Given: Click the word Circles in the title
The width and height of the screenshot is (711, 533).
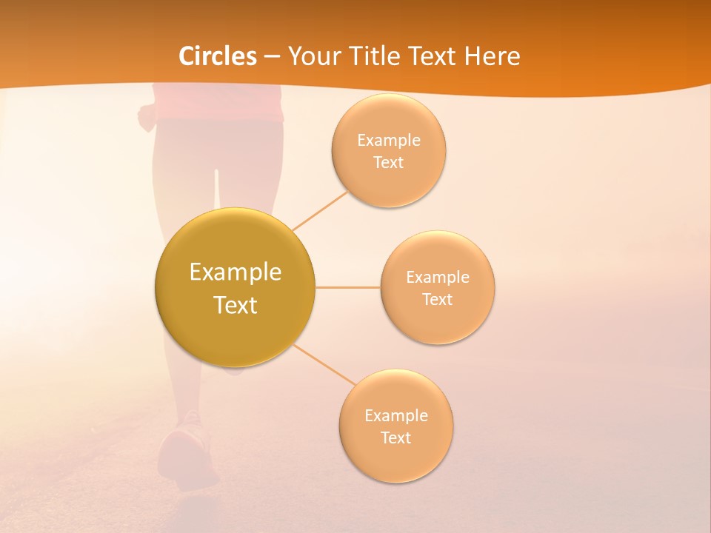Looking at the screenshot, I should point(217,56).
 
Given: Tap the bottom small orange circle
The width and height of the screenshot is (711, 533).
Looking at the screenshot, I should point(395,463).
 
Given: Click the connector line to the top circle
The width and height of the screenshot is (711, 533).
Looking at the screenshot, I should point(320,210).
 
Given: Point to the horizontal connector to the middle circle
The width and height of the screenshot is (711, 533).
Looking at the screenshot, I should point(347,287).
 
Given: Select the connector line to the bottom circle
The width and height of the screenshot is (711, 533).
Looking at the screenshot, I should point(324,365).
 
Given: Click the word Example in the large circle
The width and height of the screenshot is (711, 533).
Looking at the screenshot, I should point(236,272).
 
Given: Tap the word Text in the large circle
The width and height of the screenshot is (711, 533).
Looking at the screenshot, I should point(236,305).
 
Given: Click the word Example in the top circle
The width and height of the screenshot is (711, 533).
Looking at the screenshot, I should point(388,141).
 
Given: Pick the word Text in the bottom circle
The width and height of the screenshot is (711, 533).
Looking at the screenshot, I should point(395,438).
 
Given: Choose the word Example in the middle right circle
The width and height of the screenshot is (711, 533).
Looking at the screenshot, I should point(438,278).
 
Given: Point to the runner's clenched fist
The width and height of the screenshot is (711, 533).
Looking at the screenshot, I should point(147,115).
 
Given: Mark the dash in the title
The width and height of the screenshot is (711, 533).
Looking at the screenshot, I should point(272,56).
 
